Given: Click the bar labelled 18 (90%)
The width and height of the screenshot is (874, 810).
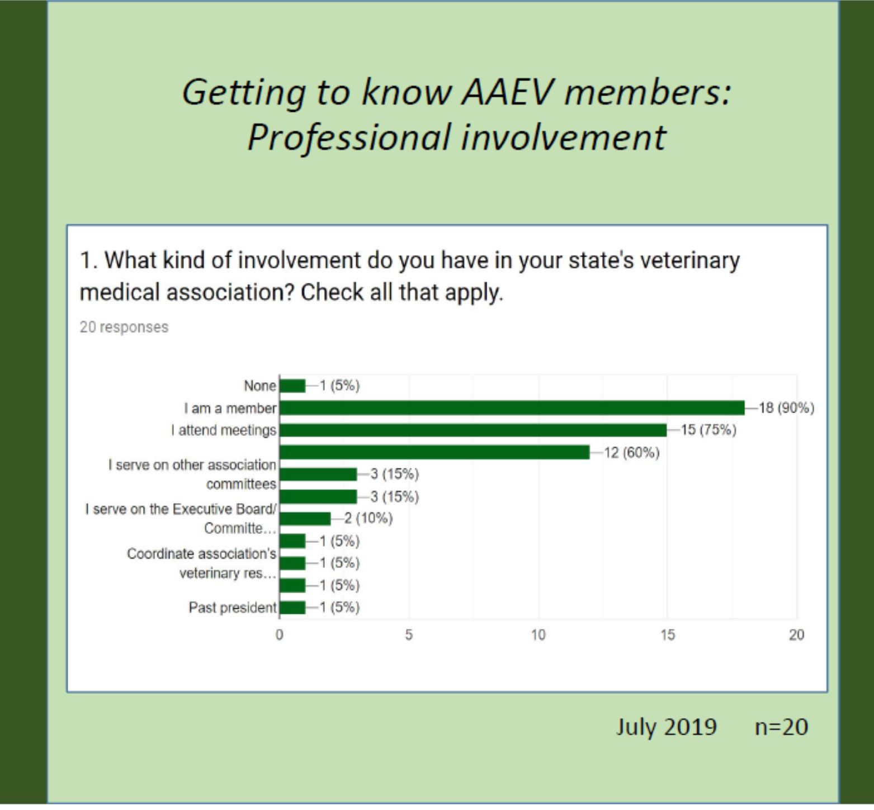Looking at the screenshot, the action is coord(512,408).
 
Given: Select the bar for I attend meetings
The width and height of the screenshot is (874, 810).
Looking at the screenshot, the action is coord(473,430).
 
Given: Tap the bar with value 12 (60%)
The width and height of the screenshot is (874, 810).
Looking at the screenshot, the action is coord(434,452).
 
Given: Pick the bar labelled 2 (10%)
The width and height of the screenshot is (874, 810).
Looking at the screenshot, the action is coord(305,519).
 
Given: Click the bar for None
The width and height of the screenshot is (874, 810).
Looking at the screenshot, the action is coord(292,386).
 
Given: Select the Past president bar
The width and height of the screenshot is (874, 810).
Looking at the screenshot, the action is coord(292,608).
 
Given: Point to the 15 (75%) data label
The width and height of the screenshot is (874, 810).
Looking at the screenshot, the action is coord(708,430).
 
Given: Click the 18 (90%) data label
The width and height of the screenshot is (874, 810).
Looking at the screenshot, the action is coord(786,408).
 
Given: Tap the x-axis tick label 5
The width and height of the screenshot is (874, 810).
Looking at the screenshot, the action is coord(409,635).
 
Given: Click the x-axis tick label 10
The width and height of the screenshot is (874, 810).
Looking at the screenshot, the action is coord(538,635).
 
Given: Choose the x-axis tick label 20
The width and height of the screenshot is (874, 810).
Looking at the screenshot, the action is coord(797,635).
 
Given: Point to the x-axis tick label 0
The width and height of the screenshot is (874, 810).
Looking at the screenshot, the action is coord(280,635).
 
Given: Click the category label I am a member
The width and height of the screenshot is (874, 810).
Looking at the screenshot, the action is coord(230,409).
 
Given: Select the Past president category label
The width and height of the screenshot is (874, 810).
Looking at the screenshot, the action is coord(233,608).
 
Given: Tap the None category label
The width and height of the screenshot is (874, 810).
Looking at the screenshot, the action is coord(260,386).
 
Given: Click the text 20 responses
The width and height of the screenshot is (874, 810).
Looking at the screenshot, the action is coord(124,327).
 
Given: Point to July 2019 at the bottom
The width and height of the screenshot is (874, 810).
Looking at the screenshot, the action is coord(667,727).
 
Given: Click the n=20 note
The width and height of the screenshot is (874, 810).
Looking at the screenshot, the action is coord(782,727).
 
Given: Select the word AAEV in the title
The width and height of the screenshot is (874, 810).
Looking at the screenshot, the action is coord(505,92).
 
